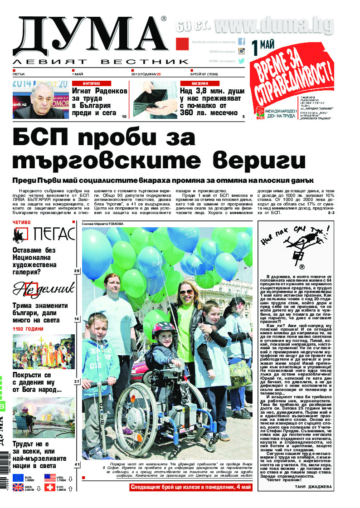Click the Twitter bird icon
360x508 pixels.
point(242,60)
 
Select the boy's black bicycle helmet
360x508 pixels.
point(164,330)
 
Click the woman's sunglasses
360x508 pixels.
point(186,292)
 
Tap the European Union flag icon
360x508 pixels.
point(19,478)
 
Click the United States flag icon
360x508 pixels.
point(50,478)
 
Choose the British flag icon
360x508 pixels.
point(19,488)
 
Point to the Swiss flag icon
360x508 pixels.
point(50,488)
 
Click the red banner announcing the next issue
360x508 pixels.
point(190,487)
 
